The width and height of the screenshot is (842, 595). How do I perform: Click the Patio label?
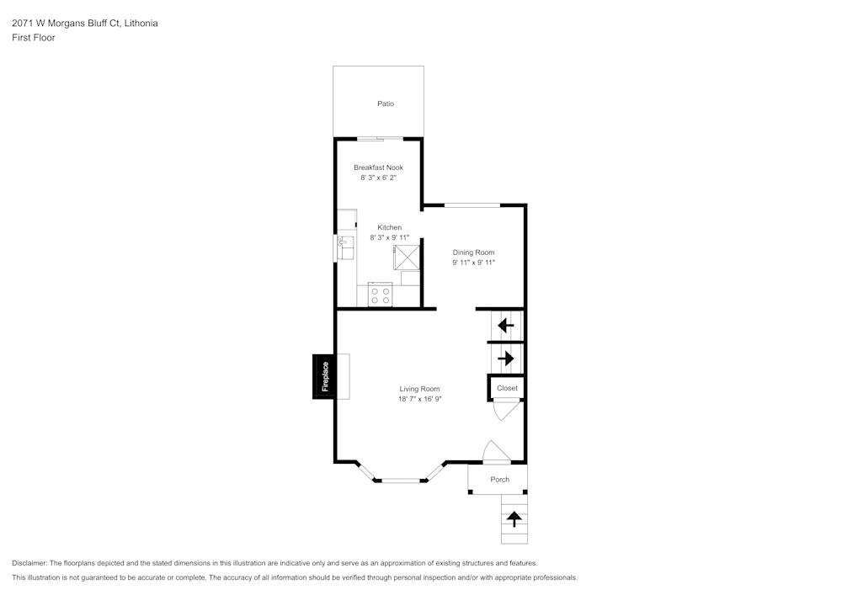point(386,104)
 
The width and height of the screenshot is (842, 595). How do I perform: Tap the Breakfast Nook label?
point(378,167)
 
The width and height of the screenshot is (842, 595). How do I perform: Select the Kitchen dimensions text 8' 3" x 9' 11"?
point(389,238)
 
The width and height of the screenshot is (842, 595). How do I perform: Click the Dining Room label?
point(473,252)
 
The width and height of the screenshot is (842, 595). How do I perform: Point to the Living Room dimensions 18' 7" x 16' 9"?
point(420,399)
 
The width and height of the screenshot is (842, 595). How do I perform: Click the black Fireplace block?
point(324,377)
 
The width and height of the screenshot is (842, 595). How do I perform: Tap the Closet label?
point(507,388)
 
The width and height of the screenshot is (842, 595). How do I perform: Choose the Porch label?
point(500,480)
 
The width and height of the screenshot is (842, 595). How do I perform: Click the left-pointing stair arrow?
point(506,325)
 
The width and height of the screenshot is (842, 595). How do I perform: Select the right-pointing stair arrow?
point(506,359)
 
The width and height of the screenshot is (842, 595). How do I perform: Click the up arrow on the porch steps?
point(514,519)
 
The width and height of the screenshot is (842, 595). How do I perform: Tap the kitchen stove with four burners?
point(381,295)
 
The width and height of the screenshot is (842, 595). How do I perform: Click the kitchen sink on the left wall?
point(345,248)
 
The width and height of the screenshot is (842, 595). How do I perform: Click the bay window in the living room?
point(401,480)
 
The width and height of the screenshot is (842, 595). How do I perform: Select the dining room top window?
point(472,205)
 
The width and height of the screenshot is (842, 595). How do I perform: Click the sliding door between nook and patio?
point(379,138)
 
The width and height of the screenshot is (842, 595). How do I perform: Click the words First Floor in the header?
point(34,38)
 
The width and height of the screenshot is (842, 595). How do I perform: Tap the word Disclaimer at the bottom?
point(29,563)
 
